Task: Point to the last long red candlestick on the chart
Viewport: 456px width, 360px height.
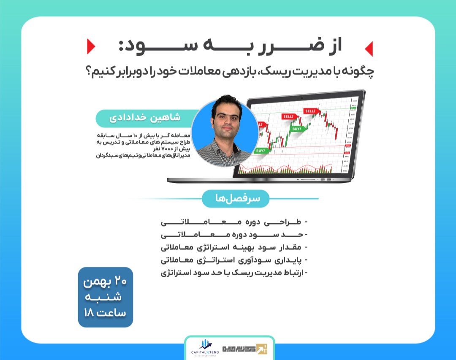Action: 335,132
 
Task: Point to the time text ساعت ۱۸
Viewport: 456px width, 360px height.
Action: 106,313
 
